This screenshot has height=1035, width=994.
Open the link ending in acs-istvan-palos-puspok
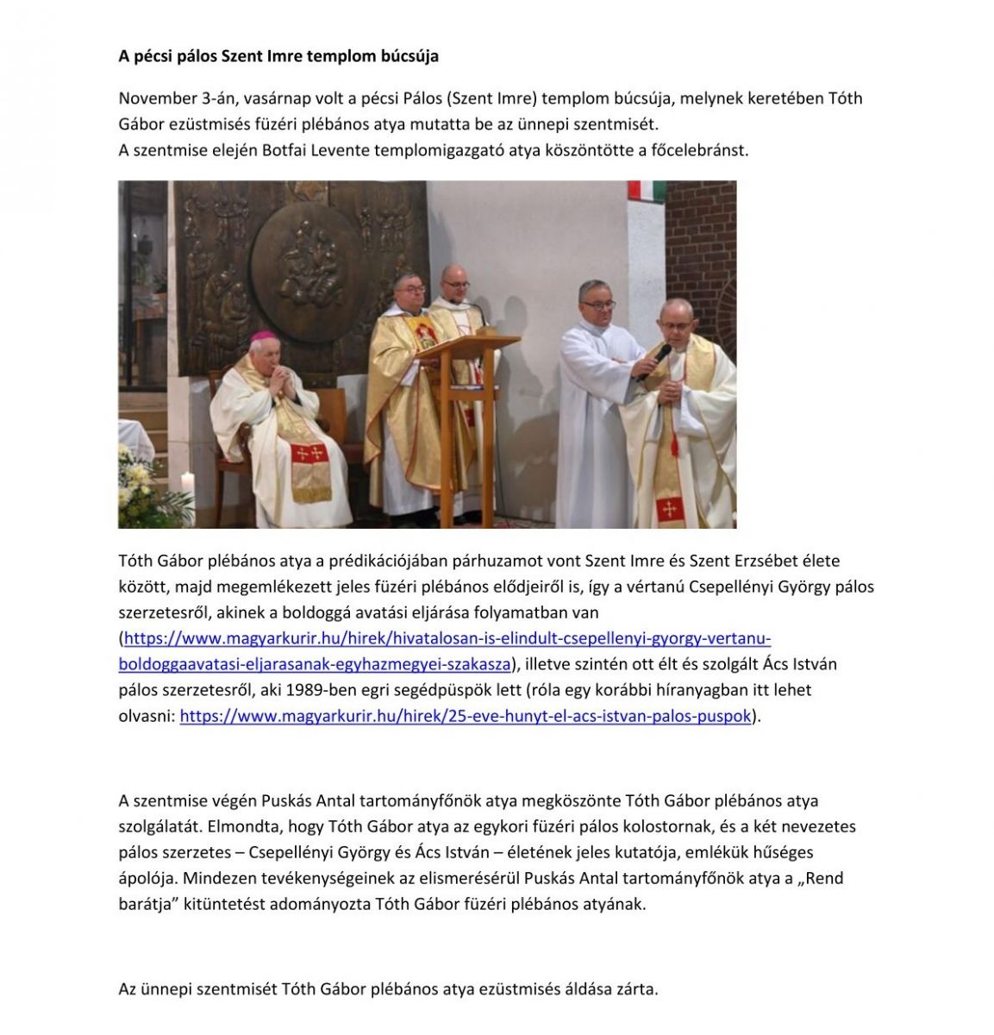click(466, 716)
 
